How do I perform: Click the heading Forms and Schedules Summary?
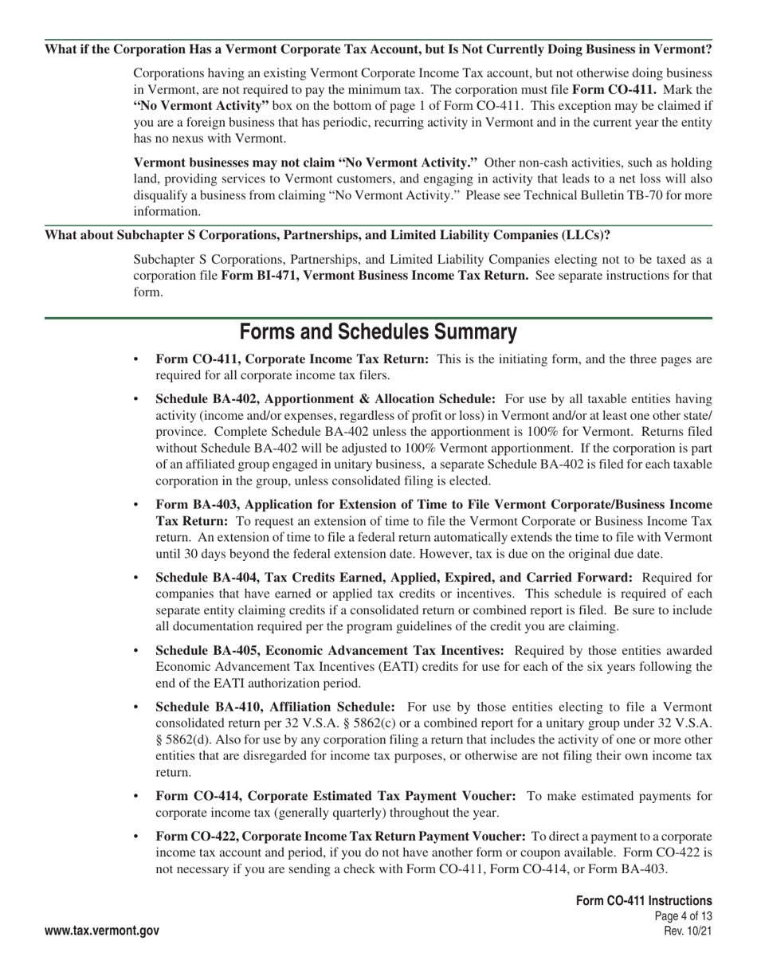pos(378,331)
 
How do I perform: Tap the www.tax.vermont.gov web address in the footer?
pos(102,931)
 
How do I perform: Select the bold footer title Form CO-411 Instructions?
pos(644,900)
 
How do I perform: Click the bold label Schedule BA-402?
pos(207,398)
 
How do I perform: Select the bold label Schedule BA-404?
pos(207,577)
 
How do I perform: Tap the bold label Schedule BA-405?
pos(207,651)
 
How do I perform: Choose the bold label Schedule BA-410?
pos(207,707)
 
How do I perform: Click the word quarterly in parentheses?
pos(360,813)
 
